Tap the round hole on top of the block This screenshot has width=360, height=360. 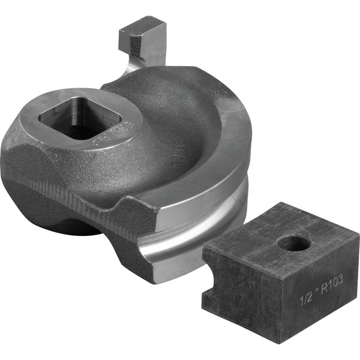pyautogui.click(x=292, y=243)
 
